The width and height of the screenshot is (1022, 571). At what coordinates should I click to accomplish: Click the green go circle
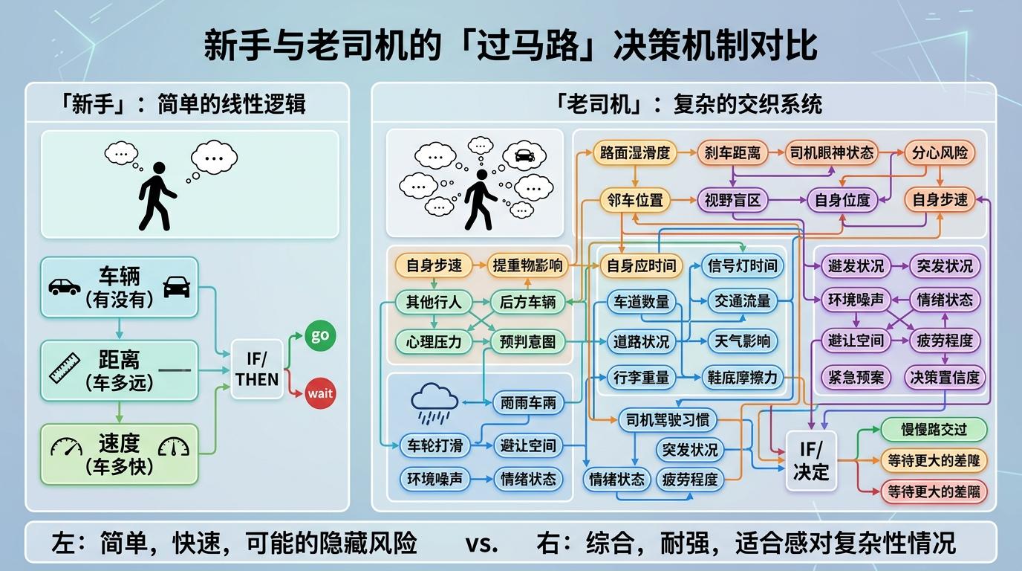pos(319,336)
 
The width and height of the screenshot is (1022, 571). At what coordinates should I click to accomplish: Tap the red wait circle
pos(320,393)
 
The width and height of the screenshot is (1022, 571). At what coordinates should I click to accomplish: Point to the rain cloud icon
pos(435,402)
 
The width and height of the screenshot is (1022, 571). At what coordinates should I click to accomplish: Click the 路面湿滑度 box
pos(634,153)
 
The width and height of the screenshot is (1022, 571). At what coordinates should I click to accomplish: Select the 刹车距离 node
pos(733,153)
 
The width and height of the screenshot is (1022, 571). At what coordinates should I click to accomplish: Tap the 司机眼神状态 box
pos(832,153)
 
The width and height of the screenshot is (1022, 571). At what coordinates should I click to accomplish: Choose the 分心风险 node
pos(940,153)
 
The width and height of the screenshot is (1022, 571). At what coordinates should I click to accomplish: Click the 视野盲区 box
pos(732,200)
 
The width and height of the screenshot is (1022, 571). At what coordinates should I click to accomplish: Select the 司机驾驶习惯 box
pos(664,420)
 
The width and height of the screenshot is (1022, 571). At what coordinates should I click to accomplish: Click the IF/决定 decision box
pos(811,461)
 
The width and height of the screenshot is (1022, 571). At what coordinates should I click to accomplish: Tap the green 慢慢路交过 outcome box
pos(934,430)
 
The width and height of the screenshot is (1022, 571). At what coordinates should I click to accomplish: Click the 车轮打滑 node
pos(435,445)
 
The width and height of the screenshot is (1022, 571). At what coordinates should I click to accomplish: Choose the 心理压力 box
pos(434,341)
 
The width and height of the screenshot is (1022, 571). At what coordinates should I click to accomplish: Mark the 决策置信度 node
pos(945,377)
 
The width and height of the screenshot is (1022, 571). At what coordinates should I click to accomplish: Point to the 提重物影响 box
pos(528,265)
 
